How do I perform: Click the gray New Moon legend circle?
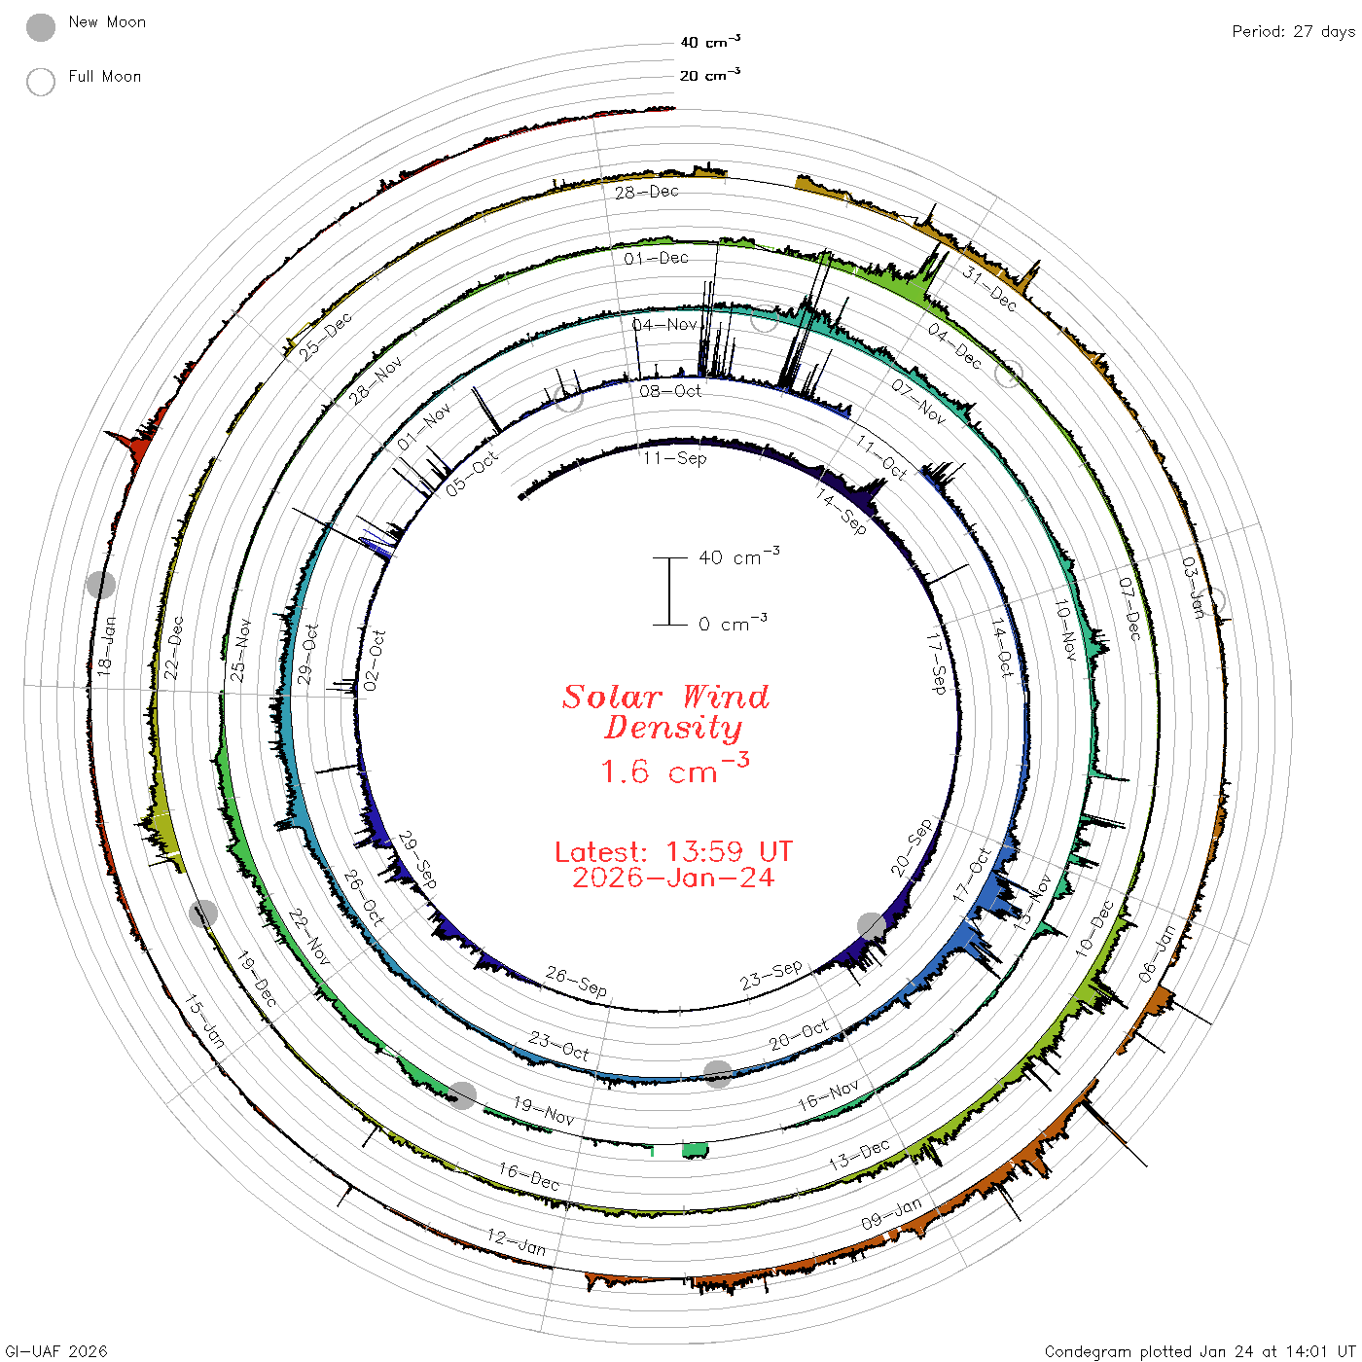(x=40, y=27)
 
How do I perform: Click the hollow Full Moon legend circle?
(x=40, y=82)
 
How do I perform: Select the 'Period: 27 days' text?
(x=1294, y=32)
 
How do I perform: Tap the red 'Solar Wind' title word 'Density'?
(x=673, y=728)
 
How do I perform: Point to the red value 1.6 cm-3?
(x=674, y=769)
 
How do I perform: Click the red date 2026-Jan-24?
(x=673, y=878)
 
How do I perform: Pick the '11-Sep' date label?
(x=674, y=458)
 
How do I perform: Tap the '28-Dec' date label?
(x=646, y=192)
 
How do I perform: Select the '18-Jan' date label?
(x=106, y=646)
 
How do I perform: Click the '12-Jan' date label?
(x=516, y=1242)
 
